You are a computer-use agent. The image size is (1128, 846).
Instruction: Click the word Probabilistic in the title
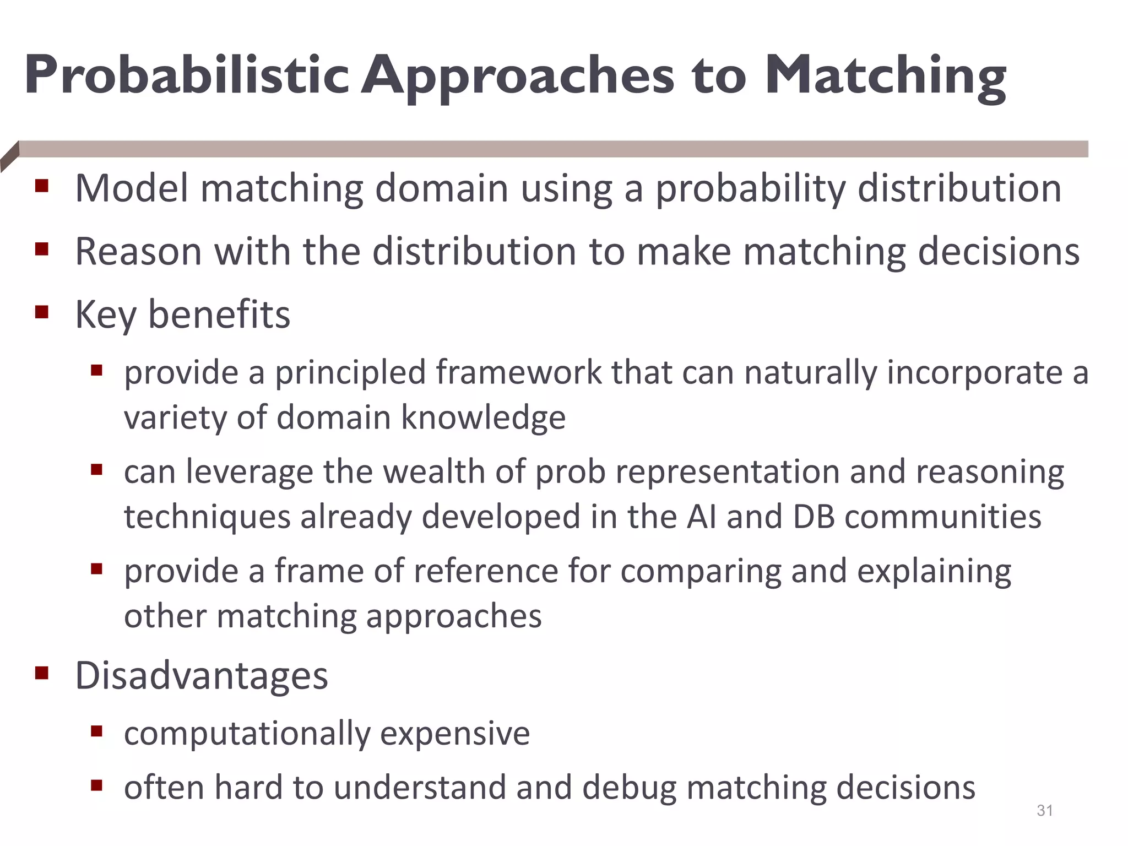187,75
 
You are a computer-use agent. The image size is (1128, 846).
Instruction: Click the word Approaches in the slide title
518,77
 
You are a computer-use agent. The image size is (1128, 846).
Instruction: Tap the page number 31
1045,811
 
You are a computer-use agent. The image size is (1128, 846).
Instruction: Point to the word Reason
138,252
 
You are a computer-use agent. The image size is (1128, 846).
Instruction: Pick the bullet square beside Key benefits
42,313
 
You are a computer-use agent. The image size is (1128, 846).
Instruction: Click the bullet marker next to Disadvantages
42,673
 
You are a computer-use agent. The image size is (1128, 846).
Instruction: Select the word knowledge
483,417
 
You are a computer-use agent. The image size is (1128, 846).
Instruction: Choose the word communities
942,517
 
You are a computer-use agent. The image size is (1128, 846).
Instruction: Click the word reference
486,571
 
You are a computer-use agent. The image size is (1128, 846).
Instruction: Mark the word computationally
247,734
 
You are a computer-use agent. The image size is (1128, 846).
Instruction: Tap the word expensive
455,734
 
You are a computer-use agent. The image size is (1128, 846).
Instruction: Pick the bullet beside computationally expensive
97,731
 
